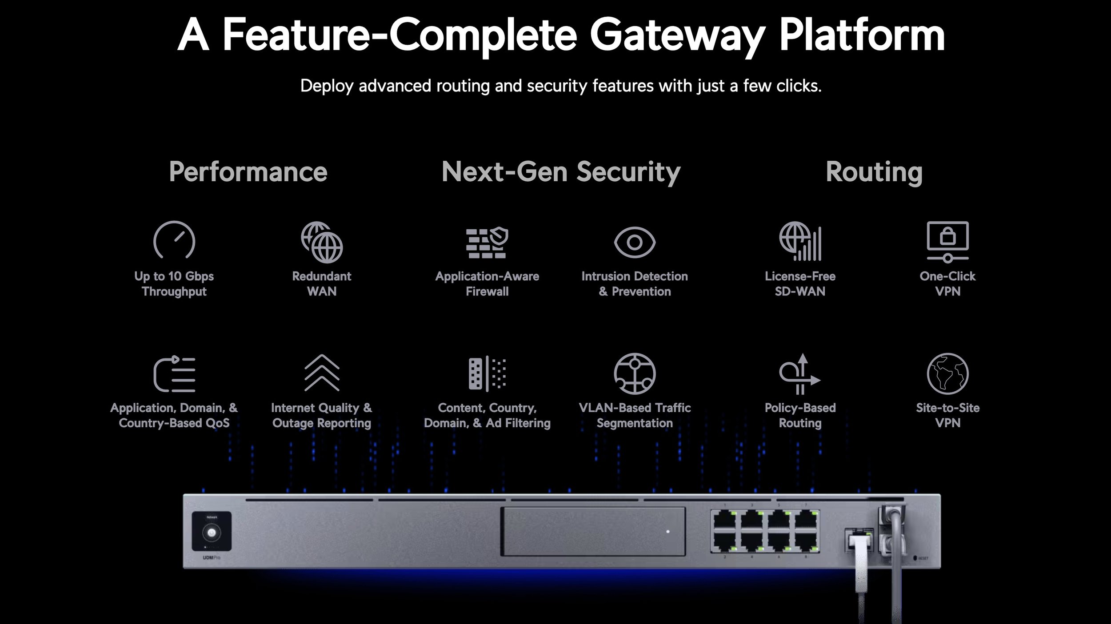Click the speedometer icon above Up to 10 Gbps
point(174,240)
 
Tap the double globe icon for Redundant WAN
point(322,242)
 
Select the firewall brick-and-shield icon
point(487,242)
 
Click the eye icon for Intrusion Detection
point(635,242)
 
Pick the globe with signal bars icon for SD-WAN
point(800,242)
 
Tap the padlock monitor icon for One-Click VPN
point(947,241)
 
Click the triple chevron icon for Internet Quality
point(322,373)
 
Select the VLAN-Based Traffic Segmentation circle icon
point(635,374)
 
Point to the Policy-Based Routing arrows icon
point(799,374)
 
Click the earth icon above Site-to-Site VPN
point(947,374)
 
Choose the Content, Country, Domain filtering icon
point(487,374)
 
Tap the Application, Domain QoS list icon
point(174,374)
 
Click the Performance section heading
point(248,172)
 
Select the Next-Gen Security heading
point(561,172)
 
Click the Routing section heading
point(874,172)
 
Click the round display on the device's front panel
point(212,533)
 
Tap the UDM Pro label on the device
point(212,557)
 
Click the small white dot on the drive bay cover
point(667,532)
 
